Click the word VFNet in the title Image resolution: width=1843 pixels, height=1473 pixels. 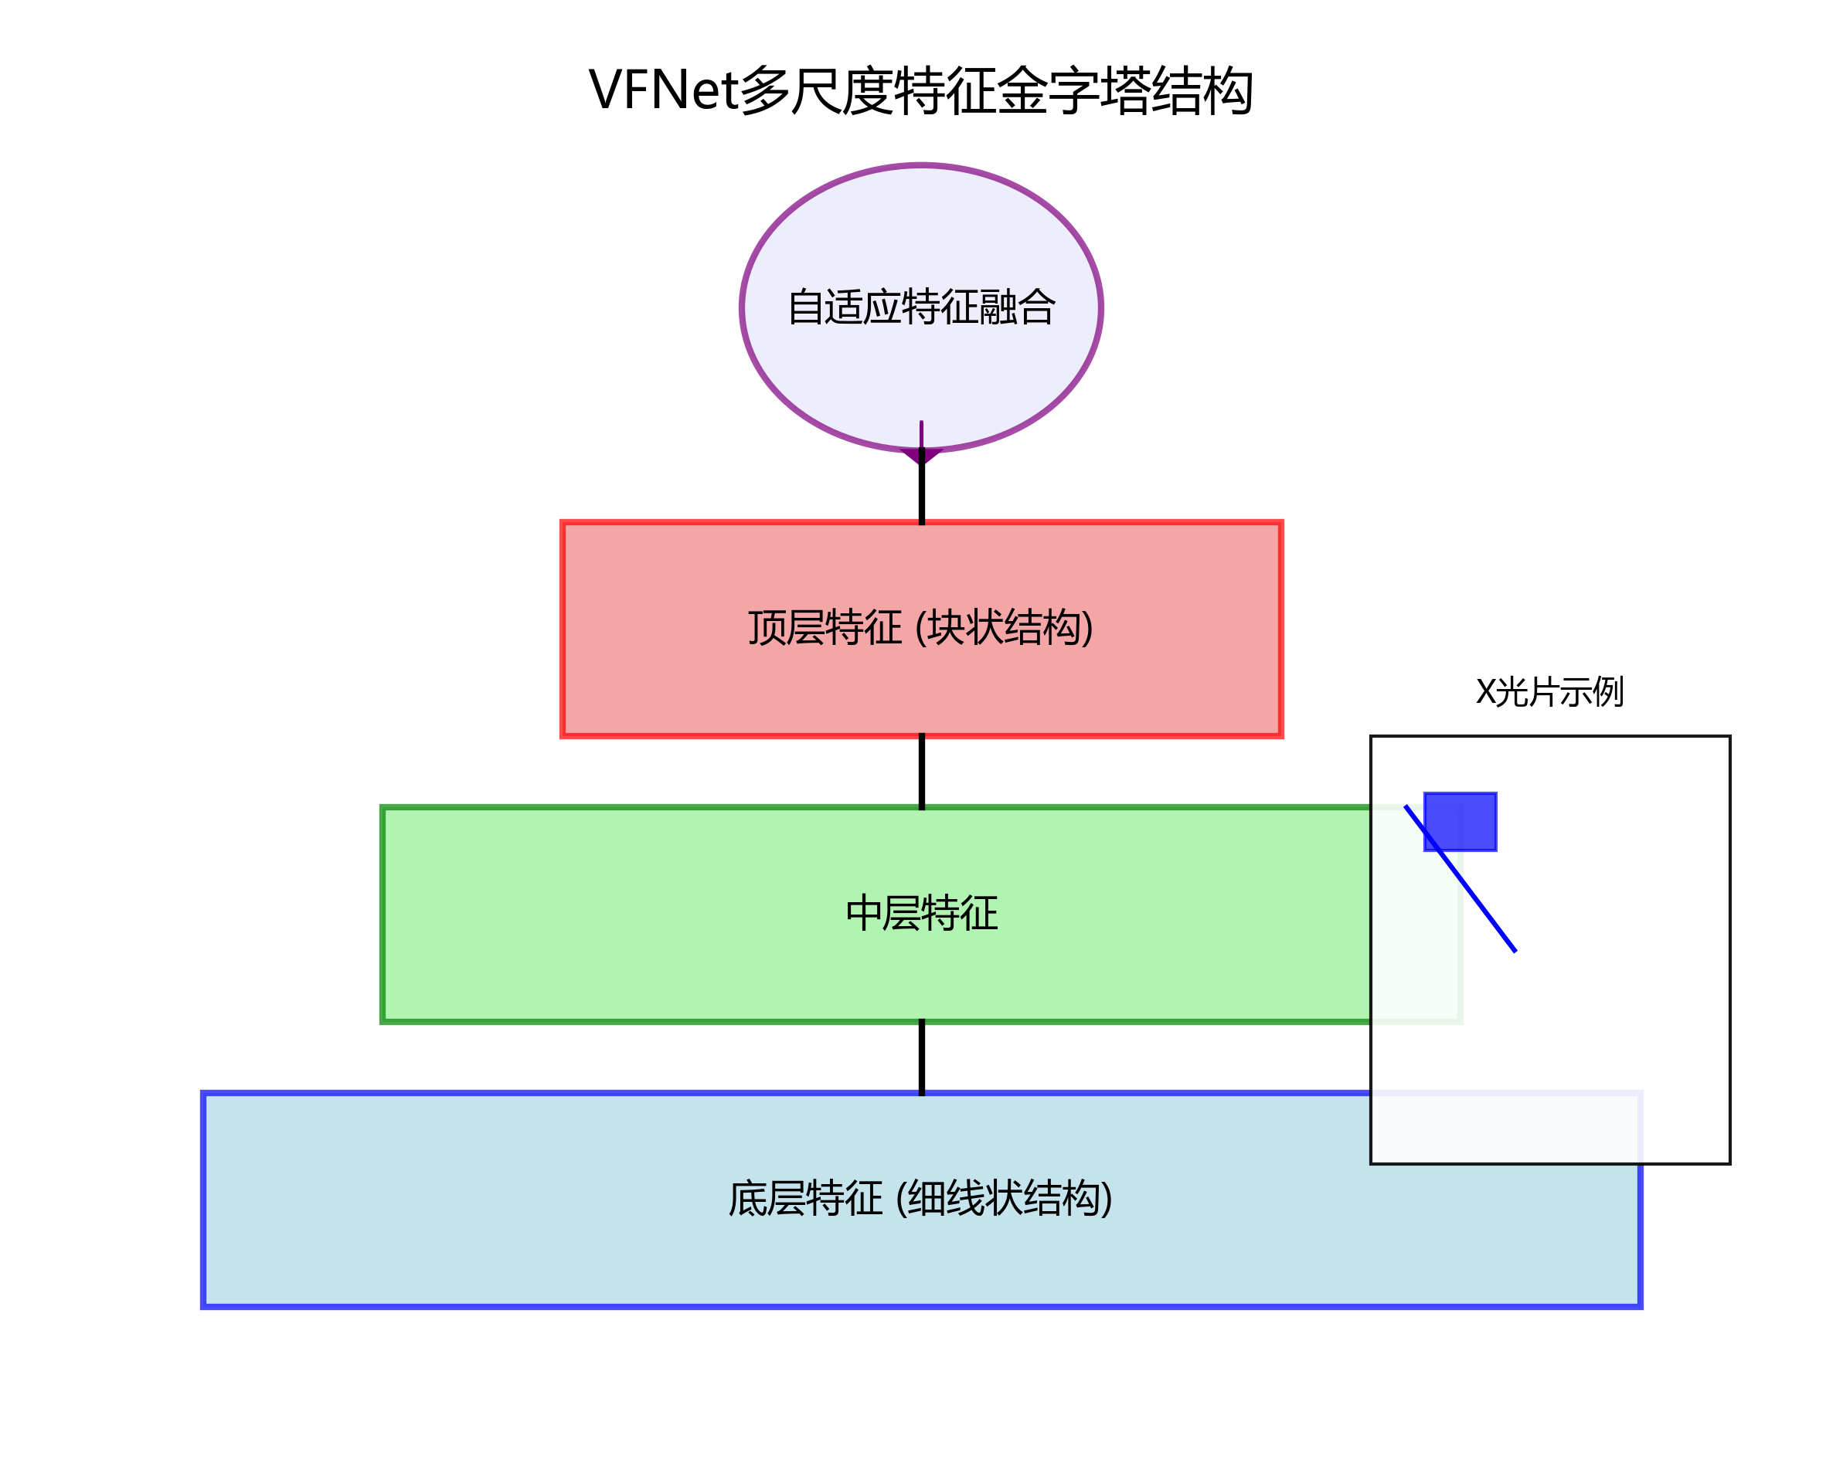coord(662,90)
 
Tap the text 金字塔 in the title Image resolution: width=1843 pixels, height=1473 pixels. coord(1073,90)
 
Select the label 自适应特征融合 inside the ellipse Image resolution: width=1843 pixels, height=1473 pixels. coord(921,307)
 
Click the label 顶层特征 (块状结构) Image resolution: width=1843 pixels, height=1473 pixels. coord(920,628)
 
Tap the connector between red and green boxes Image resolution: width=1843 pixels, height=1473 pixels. coord(921,771)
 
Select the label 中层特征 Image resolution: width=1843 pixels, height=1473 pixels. coord(921,913)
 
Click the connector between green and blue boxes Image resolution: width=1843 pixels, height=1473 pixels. coord(921,1057)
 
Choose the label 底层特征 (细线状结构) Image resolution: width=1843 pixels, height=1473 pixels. coord(920,1198)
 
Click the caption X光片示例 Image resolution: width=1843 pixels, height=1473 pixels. coord(1549,692)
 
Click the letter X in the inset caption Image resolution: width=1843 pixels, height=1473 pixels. coord(1486,692)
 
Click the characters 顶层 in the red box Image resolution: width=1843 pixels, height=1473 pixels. coord(786,628)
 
